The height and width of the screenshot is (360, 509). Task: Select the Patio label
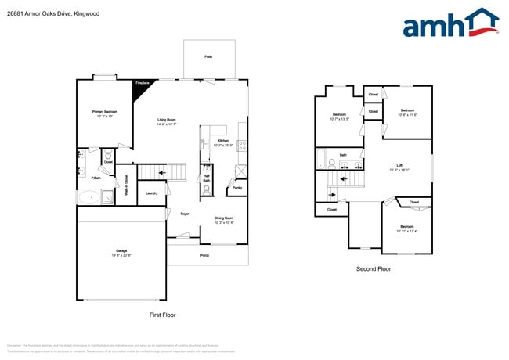pyautogui.click(x=208, y=57)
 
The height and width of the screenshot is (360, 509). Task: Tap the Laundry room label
pyautogui.click(x=152, y=193)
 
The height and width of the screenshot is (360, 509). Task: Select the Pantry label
pyautogui.click(x=237, y=188)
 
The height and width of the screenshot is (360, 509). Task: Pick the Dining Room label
pyautogui.click(x=224, y=219)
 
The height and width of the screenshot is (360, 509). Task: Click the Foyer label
pyautogui.click(x=185, y=214)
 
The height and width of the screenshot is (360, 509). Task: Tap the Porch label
pyautogui.click(x=204, y=255)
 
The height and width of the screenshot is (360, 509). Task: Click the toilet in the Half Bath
pyautogui.click(x=206, y=189)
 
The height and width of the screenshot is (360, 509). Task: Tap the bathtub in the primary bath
pyautogui.click(x=93, y=197)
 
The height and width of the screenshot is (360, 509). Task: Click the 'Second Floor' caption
pyautogui.click(x=373, y=268)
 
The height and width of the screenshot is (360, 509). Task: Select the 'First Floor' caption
pyautogui.click(x=162, y=315)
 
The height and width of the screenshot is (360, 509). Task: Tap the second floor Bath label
pyautogui.click(x=343, y=155)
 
